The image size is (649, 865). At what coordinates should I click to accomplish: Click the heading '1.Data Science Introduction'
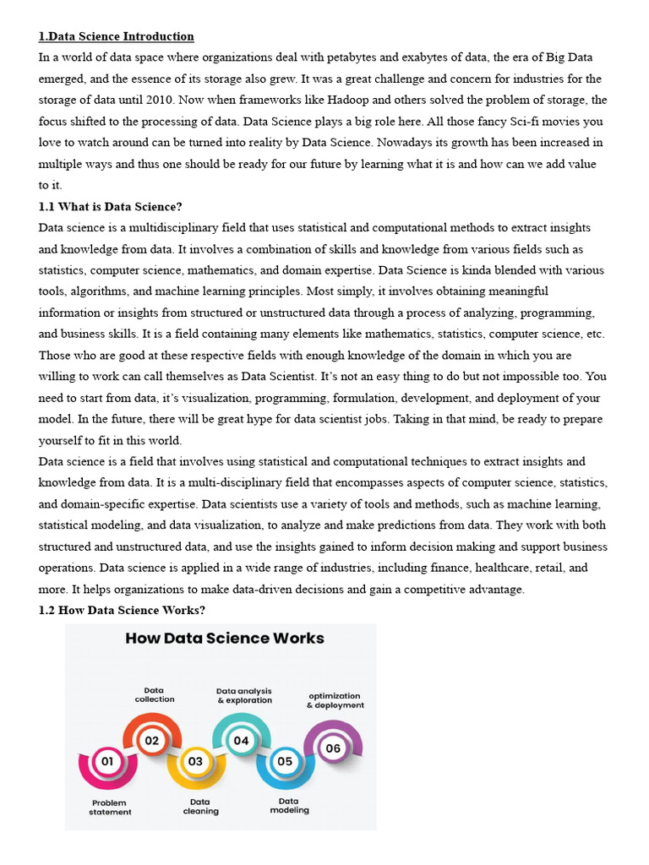coord(117,36)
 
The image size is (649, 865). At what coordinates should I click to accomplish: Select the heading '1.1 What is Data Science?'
coord(111,206)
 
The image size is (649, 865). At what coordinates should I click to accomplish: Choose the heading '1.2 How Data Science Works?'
coord(123,610)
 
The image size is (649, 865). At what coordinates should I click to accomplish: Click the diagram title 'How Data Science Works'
coord(225,638)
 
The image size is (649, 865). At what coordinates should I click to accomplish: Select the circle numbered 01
coord(107,761)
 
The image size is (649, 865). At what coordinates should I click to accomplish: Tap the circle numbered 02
coord(152,741)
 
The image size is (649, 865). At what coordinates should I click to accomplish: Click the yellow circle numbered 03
coord(195,761)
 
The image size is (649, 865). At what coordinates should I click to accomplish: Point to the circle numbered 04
coord(241,741)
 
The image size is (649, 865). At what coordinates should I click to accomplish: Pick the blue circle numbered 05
coord(285,761)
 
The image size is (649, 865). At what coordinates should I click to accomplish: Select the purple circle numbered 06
coord(333,748)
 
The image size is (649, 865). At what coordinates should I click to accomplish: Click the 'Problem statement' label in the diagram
coord(110,808)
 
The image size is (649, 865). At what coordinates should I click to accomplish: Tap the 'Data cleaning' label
coord(200,807)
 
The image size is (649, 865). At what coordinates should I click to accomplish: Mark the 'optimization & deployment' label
coord(335,700)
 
